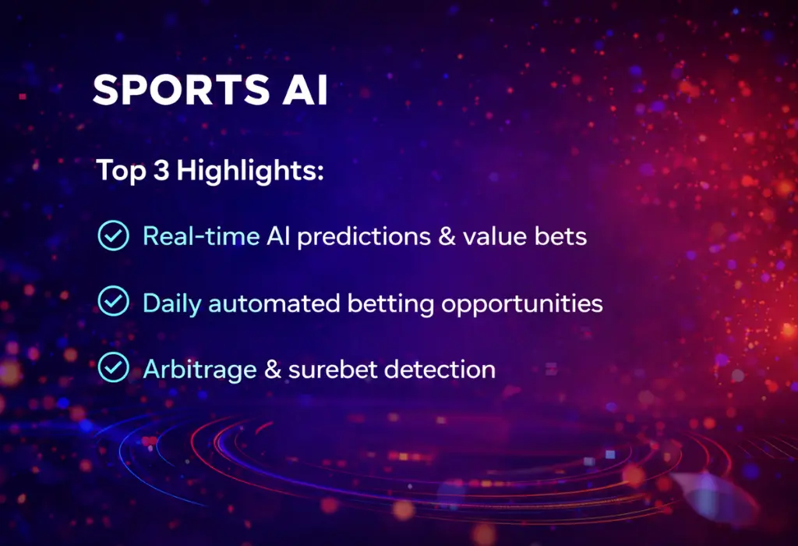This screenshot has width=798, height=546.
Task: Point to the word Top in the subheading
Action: point(120,172)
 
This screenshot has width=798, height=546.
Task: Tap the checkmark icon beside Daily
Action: point(114,301)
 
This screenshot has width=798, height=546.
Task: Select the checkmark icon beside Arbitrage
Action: point(114,367)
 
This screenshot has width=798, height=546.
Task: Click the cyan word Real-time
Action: point(201,235)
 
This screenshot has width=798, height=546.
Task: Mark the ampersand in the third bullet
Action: point(273,368)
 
